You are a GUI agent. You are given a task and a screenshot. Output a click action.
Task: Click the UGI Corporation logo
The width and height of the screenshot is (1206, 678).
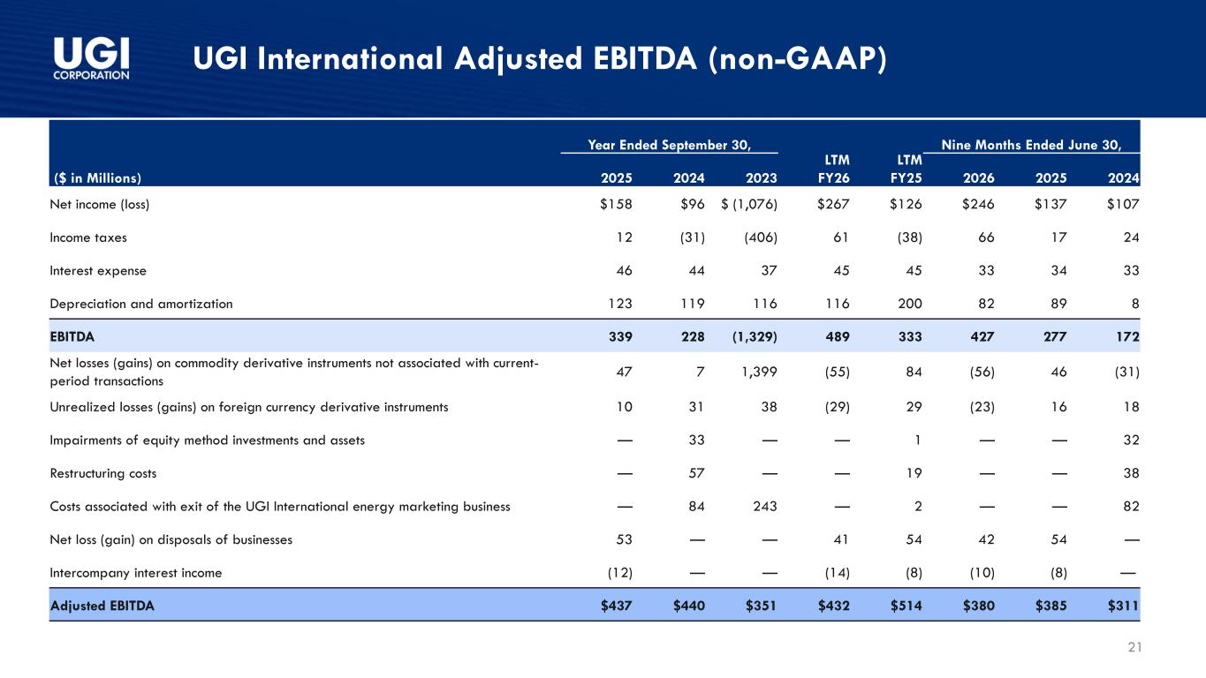tap(91, 58)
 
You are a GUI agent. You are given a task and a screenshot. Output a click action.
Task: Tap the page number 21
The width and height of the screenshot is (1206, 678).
tap(1135, 647)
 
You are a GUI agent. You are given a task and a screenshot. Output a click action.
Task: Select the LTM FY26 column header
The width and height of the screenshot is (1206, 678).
tap(833, 169)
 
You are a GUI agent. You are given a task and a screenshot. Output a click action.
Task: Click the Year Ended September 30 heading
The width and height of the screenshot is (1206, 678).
tap(669, 145)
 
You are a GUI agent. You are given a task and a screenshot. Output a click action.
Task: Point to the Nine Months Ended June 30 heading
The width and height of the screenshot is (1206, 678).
tap(1031, 145)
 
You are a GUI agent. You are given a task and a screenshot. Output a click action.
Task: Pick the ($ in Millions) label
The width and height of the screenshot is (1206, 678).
tap(97, 178)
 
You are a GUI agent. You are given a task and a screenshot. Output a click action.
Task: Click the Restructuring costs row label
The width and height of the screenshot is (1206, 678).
tap(102, 473)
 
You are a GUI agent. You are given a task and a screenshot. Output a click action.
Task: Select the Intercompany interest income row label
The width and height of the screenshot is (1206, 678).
tap(136, 573)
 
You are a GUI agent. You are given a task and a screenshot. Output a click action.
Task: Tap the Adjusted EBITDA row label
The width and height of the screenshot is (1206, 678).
tap(102, 606)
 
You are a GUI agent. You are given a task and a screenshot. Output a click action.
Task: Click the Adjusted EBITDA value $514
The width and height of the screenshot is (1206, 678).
tap(906, 606)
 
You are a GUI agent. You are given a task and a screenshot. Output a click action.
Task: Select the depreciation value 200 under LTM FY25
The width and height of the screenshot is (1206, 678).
tap(910, 304)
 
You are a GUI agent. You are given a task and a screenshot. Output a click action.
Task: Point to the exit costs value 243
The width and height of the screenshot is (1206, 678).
tap(764, 507)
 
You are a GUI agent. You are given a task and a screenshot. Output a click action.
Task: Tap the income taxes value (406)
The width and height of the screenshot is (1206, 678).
tap(760, 237)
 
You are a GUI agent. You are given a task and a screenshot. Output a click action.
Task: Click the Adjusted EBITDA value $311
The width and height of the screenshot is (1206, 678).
tap(1123, 606)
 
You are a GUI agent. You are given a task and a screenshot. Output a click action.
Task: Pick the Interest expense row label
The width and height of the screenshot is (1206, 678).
tap(98, 271)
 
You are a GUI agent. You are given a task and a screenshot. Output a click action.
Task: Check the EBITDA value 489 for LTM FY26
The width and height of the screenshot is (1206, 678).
tap(838, 337)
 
